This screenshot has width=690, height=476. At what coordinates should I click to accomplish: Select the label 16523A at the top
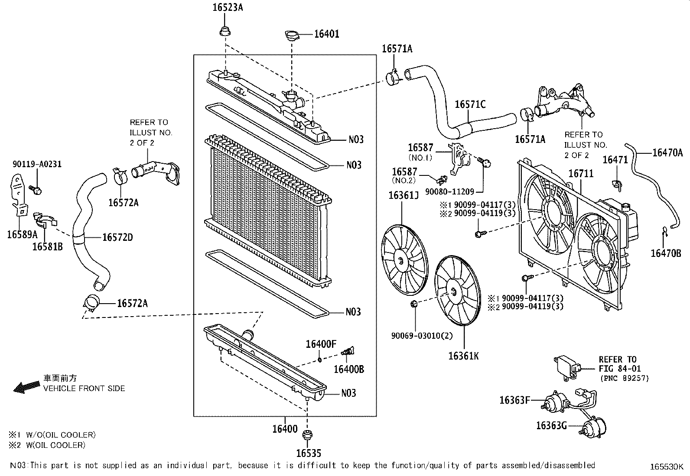click(x=228, y=7)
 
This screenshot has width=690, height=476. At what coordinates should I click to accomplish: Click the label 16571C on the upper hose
click(x=470, y=104)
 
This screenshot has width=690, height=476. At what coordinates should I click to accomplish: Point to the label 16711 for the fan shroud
click(x=581, y=173)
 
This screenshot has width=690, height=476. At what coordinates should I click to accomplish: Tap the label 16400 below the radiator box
click(x=285, y=429)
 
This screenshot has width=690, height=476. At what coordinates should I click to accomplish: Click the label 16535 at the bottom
click(x=309, y=453)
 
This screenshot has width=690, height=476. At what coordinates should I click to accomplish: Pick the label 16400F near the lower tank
click(x=321, y=344)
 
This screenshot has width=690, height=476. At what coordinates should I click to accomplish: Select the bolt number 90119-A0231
click(x=37, y=164)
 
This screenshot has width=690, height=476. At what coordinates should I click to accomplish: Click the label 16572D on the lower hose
click(x=117, y=237)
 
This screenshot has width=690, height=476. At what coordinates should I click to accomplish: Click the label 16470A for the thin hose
click(x=667, y=152)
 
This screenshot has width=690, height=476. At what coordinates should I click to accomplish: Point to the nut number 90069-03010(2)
click(x=416, y=336)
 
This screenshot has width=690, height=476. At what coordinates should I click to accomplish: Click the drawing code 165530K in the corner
click(x=666, y=467)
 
